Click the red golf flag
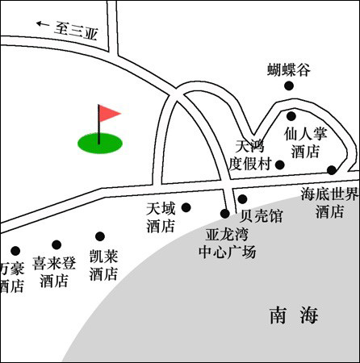click(x=109, y=114)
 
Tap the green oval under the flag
click(x=100, y=143)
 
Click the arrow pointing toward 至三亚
click(x=43, y=24)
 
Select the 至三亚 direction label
click(x=77, y=31)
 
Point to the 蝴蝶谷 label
click(x=289, y=70)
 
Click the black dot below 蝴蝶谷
click(x=289, y=86)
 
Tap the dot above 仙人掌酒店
click(x=291, y=116)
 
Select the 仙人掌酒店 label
click(x=305, y=143)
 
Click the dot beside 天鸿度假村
click(x=280, y=165)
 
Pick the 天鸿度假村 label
click(x=249, y=156)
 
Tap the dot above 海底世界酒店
click(x=332, y=170)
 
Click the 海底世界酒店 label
click(x=329, y=202)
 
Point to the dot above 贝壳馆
click(x=242, y=199)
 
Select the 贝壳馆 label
click(x=261, y=215)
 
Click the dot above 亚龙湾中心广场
click(x=225, y=214)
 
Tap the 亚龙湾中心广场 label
click(x=227, y=244)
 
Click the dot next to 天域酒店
click(x=186, y=207)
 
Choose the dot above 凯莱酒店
click(x=100, y=236)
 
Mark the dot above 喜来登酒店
click(x=57, y=244)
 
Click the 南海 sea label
click(x=294, y=315)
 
